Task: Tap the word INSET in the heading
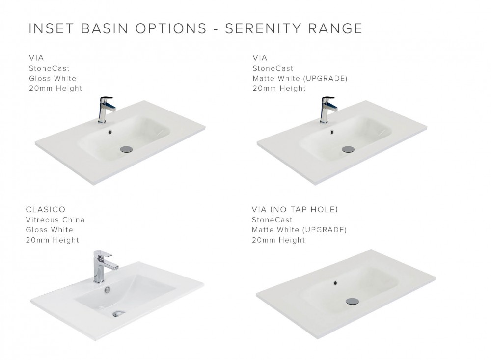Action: pos(51,28)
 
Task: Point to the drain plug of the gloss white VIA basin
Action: pos(127,149)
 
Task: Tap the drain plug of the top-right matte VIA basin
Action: pos(348,149)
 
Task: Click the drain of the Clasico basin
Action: pos(118,313)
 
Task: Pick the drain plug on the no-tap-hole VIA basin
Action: pos(352,301)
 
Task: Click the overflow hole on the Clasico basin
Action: pos(108,290)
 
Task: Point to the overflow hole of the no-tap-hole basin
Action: pos(336,283)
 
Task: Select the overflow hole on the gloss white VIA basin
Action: pos(110,132)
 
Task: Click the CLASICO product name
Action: pos(46,209)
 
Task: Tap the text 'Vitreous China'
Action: pos(55,220)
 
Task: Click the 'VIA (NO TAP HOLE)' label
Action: pos(295,209)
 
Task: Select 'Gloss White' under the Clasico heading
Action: pos(50,230)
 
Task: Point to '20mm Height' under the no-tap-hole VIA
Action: pos(278,240)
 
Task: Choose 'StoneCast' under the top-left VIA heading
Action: pos(49,68)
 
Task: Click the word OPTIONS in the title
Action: pos(171,28)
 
